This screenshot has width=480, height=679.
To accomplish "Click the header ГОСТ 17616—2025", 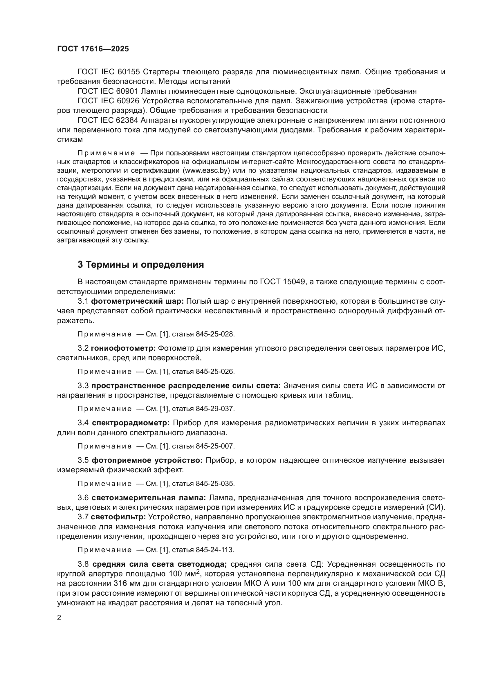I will click(x=93, y=49).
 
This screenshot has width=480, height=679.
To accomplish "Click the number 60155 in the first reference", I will click(x=128, y=72).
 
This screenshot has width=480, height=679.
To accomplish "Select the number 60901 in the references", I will click(x=128, y=91).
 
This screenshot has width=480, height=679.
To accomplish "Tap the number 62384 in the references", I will click(x=128, y=120).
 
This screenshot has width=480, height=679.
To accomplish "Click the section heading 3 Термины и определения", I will click(x=141, y=264).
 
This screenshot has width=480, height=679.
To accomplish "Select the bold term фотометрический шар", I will click(x=138, y=301).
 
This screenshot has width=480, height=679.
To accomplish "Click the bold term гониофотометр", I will click(x=123, y=348).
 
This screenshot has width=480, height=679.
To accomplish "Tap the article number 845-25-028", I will click(x=215, y=334).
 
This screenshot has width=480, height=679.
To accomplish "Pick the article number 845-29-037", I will click(x=215, y=409).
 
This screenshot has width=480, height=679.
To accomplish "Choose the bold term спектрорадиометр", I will click(x=131, y=423).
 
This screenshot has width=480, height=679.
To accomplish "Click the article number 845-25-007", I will click(x=215, y=446).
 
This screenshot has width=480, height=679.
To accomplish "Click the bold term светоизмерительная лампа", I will click(x=149, y=498).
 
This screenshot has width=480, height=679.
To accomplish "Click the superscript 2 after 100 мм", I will click(x=198, y=572).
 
